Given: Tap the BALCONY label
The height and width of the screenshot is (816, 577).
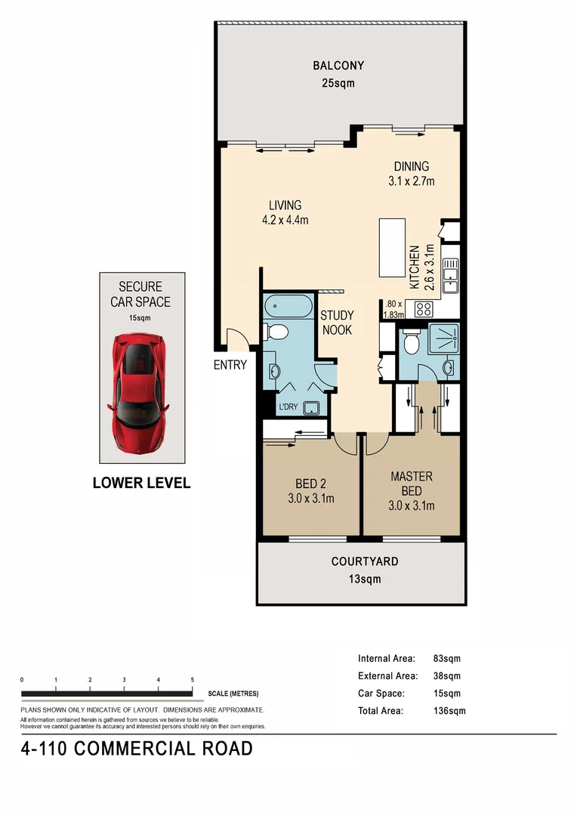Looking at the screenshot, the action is (338, 66).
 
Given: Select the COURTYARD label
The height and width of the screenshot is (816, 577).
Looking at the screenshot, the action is (365, 561).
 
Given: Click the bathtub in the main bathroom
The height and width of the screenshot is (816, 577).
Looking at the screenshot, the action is (288, 307).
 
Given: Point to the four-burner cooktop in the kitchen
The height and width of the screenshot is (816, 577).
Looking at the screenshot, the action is (423, 309).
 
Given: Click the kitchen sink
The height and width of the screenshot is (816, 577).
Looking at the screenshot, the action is (450, 275).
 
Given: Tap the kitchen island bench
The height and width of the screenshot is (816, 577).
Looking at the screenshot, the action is (392, 248).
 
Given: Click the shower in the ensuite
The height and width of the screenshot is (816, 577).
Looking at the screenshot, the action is (444, 338).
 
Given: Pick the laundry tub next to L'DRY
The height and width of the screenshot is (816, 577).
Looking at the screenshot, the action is (312, 407).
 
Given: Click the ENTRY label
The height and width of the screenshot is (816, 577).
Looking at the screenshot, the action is (230, 365).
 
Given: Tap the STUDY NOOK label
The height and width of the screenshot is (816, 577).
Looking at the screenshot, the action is (337, 323).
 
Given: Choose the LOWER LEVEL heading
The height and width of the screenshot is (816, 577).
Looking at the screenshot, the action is (141, 483).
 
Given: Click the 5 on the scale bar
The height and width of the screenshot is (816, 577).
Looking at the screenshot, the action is (192, 680).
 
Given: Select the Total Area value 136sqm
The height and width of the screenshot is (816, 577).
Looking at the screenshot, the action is (449, 711).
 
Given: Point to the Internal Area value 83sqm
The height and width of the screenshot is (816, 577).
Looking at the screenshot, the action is (447, 658).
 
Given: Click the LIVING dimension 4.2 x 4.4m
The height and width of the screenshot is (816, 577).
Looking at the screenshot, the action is (285, 220).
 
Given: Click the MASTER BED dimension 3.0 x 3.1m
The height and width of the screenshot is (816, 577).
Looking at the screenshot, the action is (411, 505).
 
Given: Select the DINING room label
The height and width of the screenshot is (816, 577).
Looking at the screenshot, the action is (411, 166).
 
